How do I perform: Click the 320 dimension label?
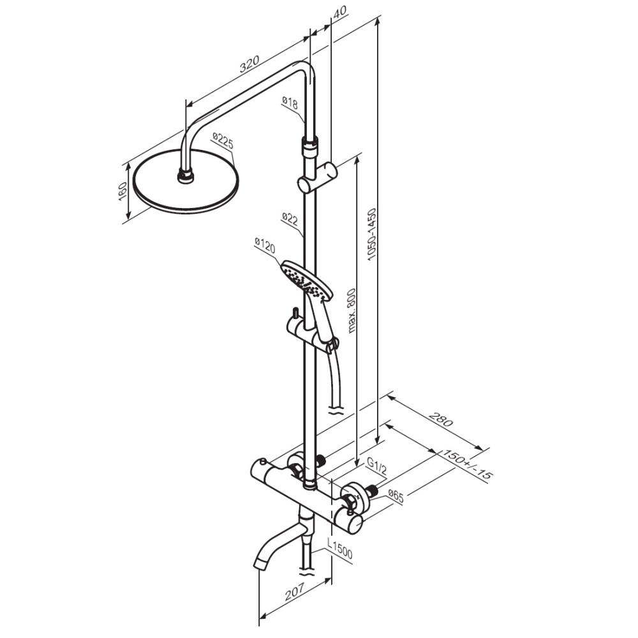249,64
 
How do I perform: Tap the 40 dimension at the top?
340,10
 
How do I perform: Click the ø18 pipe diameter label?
290,103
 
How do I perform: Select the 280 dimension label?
441,420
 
